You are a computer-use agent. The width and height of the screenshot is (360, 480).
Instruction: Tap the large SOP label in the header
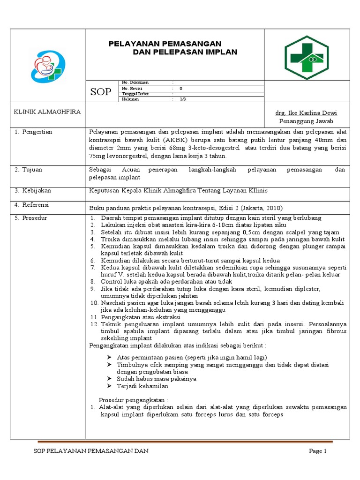tap(101, 92)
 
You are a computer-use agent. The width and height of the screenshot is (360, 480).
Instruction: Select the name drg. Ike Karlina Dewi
tap(306, 113)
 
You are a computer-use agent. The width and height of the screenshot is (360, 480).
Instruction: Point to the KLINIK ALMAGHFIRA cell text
tap(47, 112)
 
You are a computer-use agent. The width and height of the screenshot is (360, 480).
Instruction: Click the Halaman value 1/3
tap(183, 99)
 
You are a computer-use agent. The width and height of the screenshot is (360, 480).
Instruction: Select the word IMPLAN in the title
tap(220, 52)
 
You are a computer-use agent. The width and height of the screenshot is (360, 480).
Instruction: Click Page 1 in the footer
tap(317, 451)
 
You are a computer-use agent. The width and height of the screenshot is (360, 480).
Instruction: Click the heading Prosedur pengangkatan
tap(133, 400)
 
